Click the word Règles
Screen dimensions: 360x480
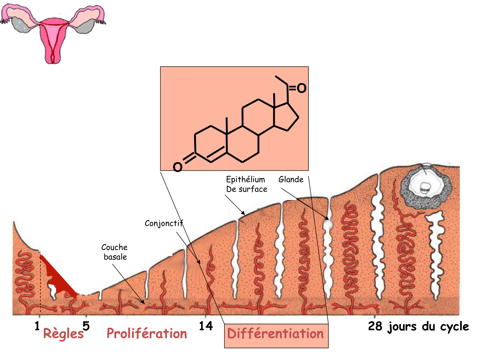[63, 334]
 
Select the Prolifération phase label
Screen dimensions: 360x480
[147, 334]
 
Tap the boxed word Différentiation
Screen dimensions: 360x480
[276, 334]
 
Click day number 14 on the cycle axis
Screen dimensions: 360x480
[206, 326]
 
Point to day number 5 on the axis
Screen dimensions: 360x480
[86, 326]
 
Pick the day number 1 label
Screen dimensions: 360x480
[37, 326]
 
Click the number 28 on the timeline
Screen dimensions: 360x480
[375, 326]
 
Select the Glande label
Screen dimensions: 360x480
[291, 180]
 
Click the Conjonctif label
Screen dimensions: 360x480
[164, 223]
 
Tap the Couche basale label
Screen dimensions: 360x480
[115, 252]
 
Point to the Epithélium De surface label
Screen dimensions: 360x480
[246, 184]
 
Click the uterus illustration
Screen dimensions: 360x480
[52, 32]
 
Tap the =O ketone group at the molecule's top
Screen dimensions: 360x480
[298, 88]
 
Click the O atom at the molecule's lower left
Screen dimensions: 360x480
[177, 167]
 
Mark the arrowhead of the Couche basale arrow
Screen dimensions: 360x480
[144, 302]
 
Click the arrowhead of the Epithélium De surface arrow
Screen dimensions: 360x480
[244, 213]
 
